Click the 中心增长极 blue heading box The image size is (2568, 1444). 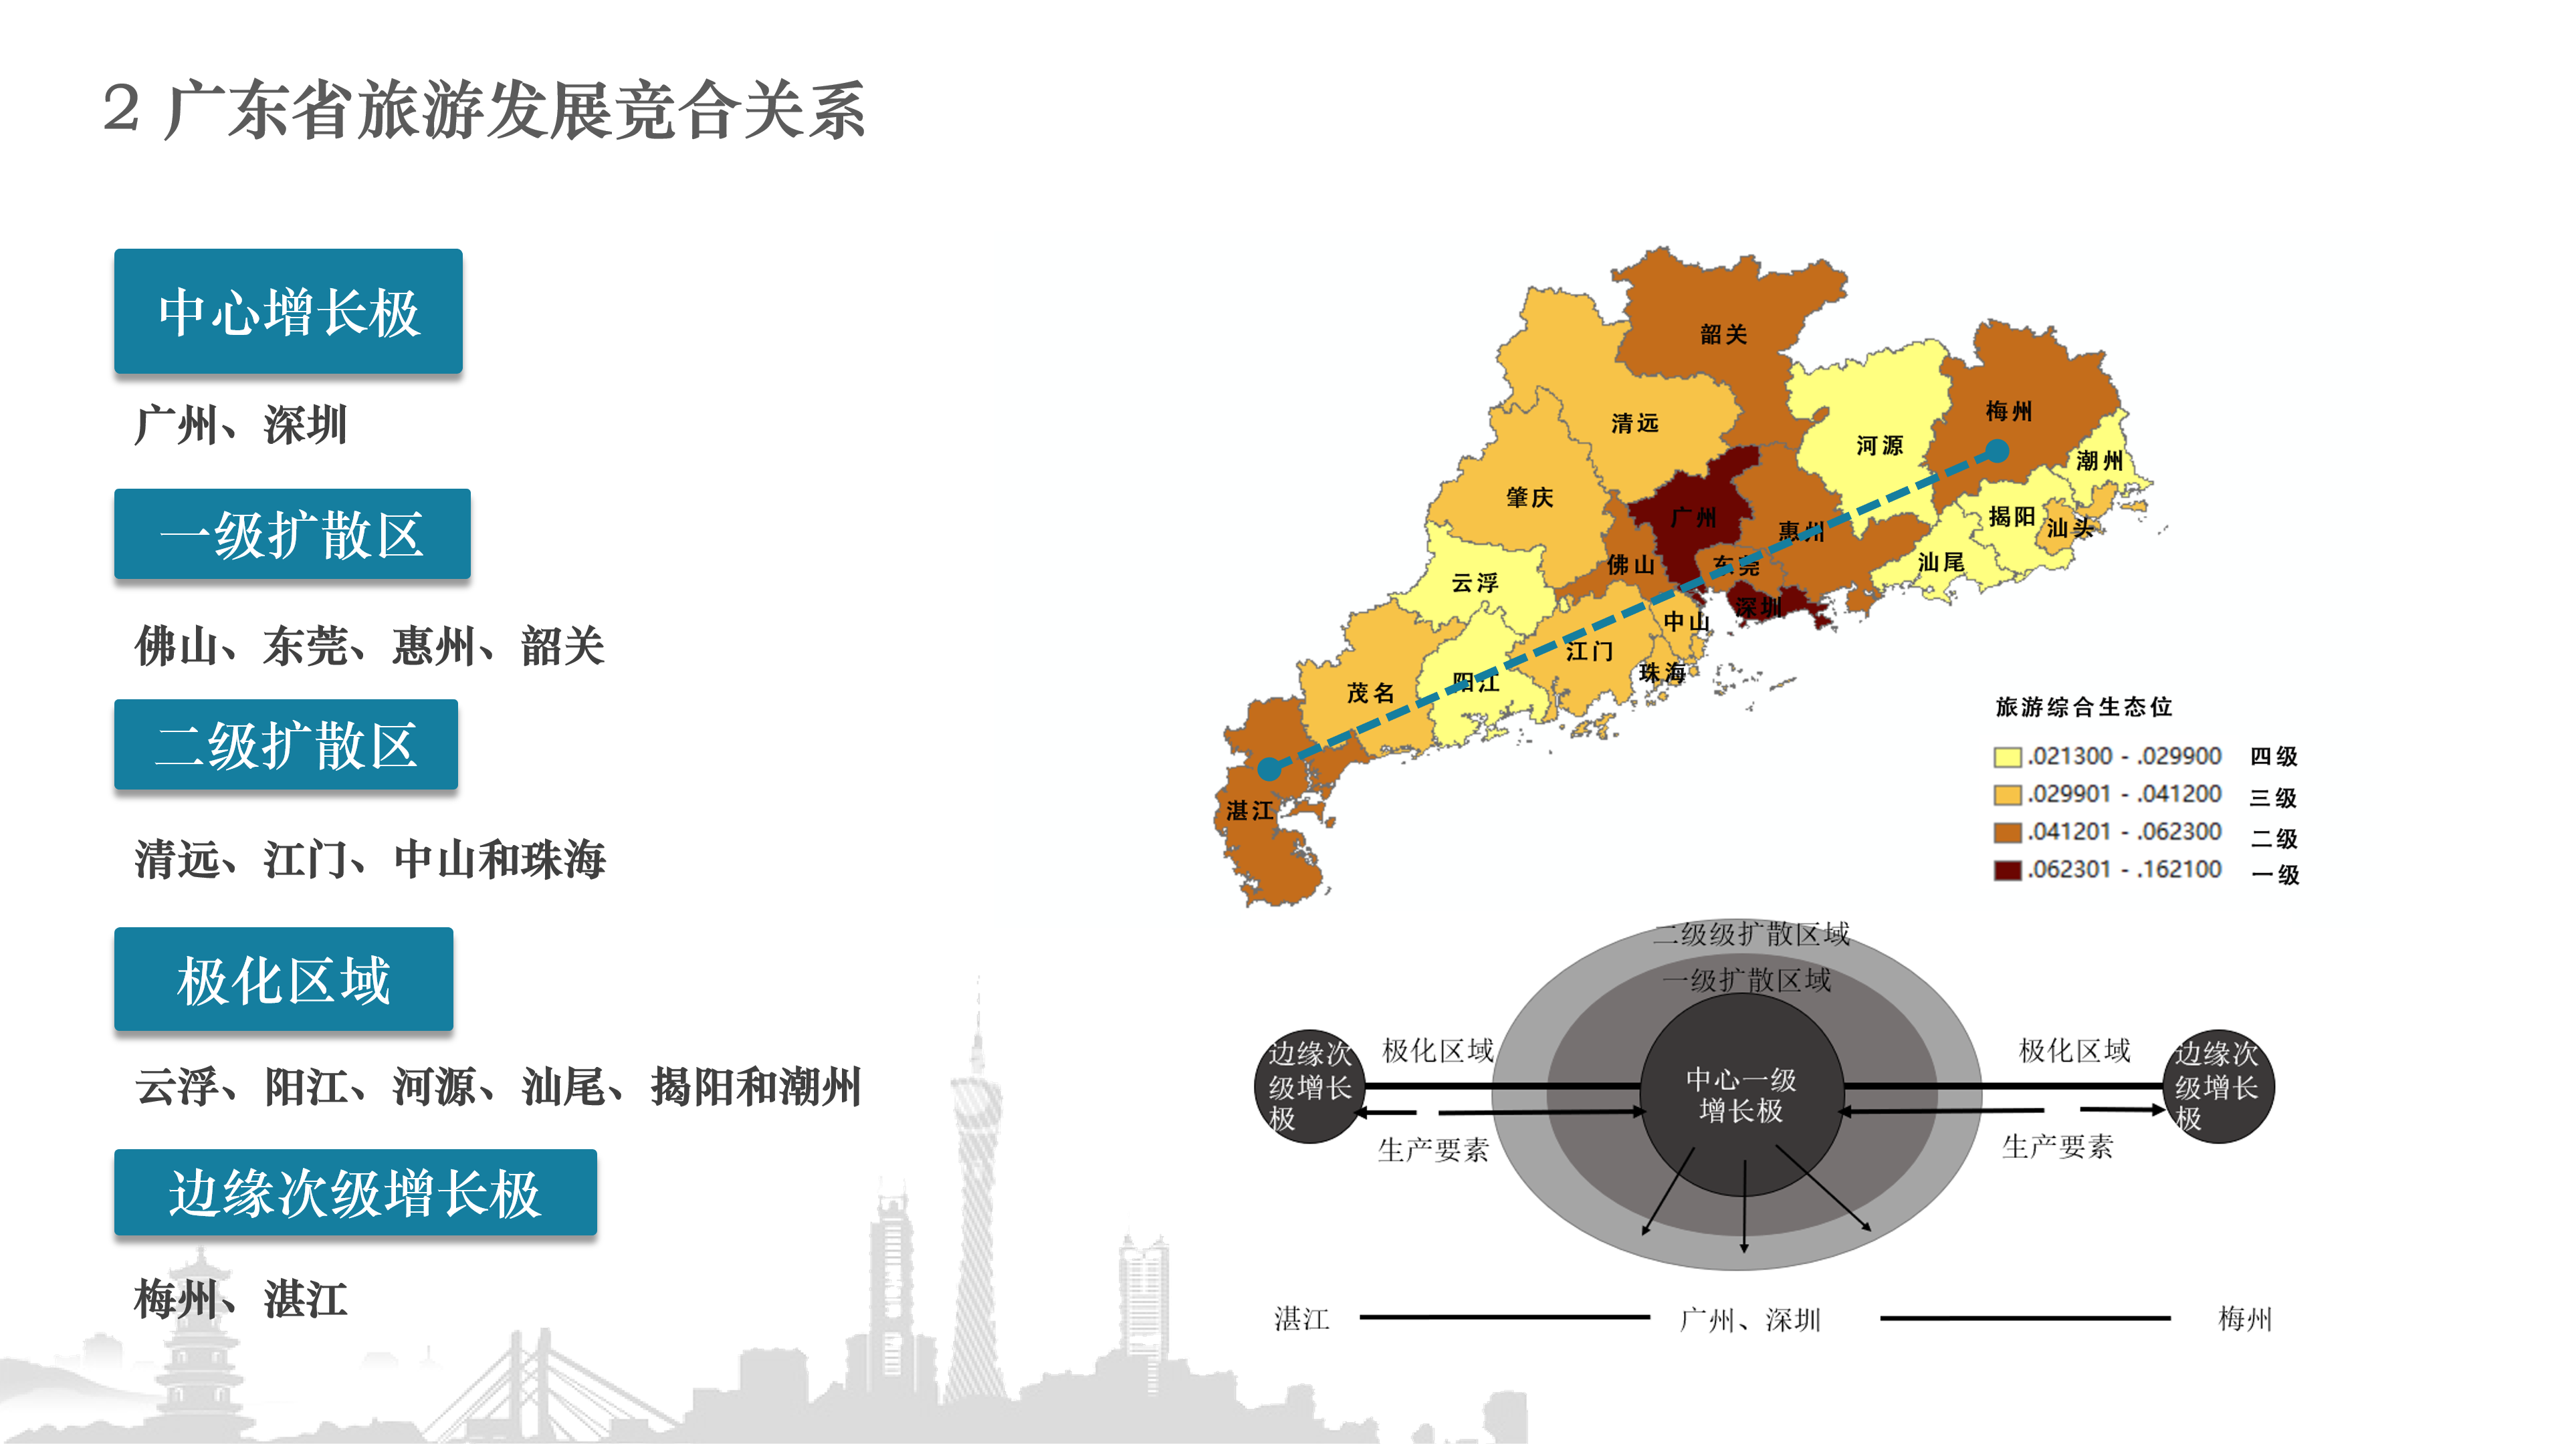288,311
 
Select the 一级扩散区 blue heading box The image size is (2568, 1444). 292,534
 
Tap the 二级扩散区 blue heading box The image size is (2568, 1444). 286,745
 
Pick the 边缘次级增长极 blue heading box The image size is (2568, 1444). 355,1192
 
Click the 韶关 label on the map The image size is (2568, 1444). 1723,335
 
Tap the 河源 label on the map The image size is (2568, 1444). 1879,445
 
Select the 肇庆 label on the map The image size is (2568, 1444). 1529,497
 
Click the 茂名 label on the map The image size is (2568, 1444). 1370,693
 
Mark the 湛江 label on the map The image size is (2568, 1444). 1250,810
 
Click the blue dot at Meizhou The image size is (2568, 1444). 1997,451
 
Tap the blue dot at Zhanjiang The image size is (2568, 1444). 1269,768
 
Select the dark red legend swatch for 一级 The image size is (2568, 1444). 2007,870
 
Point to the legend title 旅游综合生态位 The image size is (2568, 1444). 2084,707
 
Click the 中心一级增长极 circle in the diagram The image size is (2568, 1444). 1741,1094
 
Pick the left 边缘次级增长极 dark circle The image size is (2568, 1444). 1309,1086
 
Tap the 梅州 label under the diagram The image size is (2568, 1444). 2244,1320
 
